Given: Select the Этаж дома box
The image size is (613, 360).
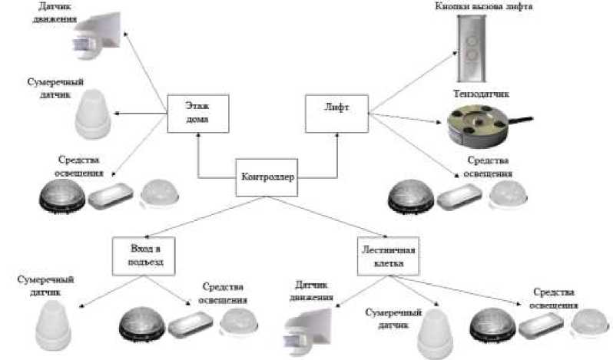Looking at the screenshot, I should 188,113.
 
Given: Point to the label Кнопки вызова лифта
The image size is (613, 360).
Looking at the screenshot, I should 495,7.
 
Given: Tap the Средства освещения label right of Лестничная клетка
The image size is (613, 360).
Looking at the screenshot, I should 554,299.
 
